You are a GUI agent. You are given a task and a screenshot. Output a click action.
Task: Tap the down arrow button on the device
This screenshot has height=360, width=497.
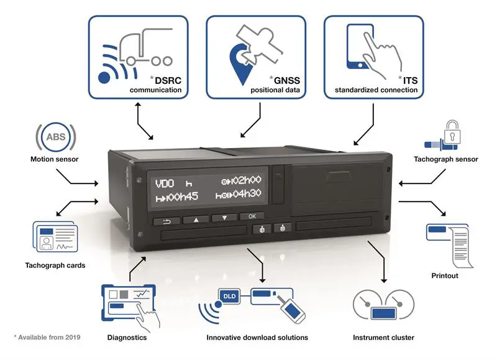point(224,218)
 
